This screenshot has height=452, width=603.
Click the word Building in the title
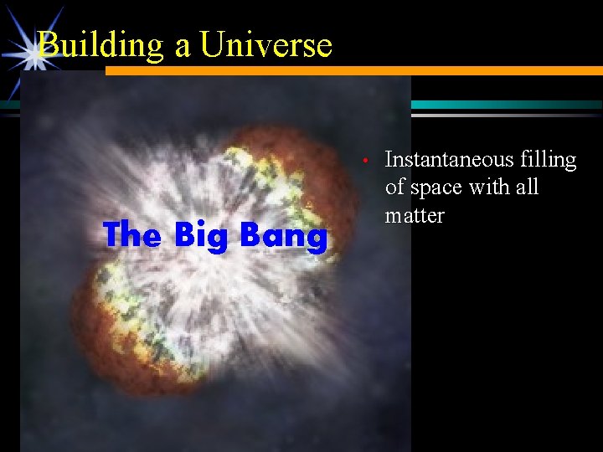click(102, 45)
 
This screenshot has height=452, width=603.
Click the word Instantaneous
click(448, 160)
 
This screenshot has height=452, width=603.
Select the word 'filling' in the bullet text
click(548, 160)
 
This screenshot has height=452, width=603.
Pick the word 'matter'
click(414, 215)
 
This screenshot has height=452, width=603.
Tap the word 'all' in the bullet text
click(526, 187)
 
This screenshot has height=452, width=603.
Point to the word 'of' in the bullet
click(395, 187)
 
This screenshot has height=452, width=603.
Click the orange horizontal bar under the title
click(352, 71)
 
